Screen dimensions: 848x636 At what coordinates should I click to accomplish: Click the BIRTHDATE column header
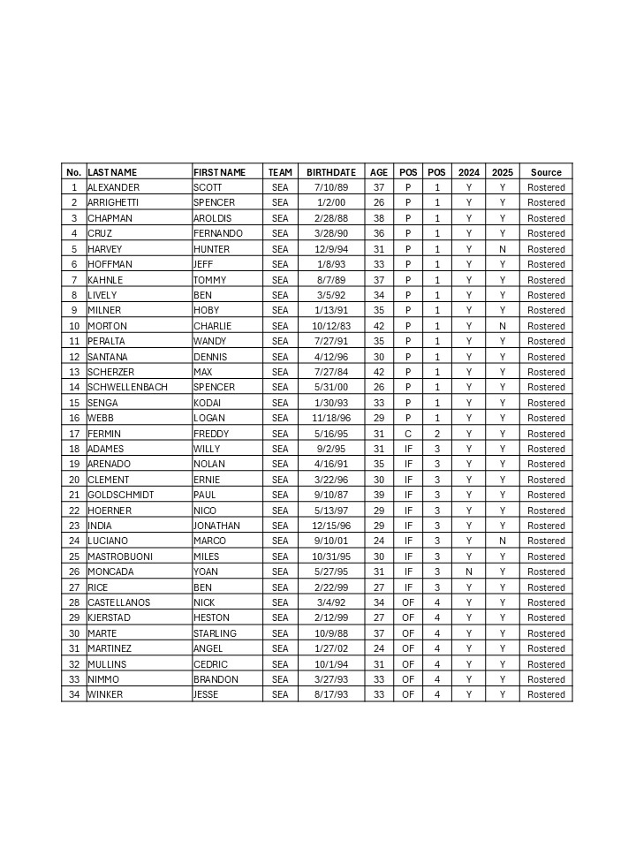click(331, 172)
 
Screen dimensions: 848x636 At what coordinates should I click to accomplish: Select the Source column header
click(546, 172)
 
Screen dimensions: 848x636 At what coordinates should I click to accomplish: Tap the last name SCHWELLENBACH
click(127, 387)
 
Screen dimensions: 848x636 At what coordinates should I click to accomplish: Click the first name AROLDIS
click(213, 218)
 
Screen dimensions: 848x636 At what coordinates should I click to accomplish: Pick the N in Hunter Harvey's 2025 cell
click(502, 249)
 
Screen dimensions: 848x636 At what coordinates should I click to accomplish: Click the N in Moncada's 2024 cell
click(469, 572)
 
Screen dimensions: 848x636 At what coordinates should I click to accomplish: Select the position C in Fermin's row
click(408, 434)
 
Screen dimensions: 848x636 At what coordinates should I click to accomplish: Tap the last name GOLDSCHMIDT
click(120, 495)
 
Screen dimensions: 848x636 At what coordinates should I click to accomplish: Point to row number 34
click(74, 694)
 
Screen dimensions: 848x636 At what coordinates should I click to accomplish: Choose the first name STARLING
click(215, 633)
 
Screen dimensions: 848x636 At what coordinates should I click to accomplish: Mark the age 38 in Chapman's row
click(379, 218)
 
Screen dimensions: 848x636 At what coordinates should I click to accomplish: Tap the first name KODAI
click(208, 403)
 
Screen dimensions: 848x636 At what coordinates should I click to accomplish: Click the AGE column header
click(379, 172)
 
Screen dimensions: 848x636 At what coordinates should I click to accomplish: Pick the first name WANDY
click(209, 341)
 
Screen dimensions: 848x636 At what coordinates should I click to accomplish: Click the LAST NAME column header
click(112, 172)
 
